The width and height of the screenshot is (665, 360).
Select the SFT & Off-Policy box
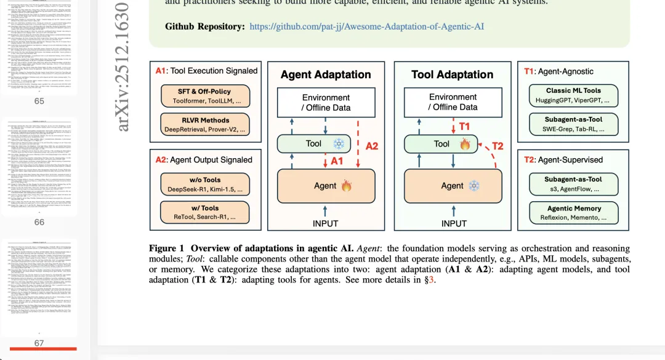[x=205, y=95]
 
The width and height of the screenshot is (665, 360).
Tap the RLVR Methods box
[x=205, y=125]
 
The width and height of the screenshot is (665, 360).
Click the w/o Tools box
[x=205, y=184]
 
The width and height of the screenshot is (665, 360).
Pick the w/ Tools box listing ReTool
[x=205, y=212]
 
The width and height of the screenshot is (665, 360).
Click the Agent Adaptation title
[x=326, y=74]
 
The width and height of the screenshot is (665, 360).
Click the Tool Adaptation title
[x=452, y=74]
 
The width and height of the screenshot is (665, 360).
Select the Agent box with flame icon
[x=326, y=185]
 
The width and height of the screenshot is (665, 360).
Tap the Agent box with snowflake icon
[x=452, y=185]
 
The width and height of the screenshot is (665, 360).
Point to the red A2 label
[x=372, y=146]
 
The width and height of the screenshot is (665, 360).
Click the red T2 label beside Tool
[x=497, y=146]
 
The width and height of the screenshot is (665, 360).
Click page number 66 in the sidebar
[x=39, y=222]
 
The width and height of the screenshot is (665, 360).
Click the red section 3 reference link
[x=432, y=280]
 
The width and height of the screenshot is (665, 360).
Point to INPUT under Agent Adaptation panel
[x=325, y=223]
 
